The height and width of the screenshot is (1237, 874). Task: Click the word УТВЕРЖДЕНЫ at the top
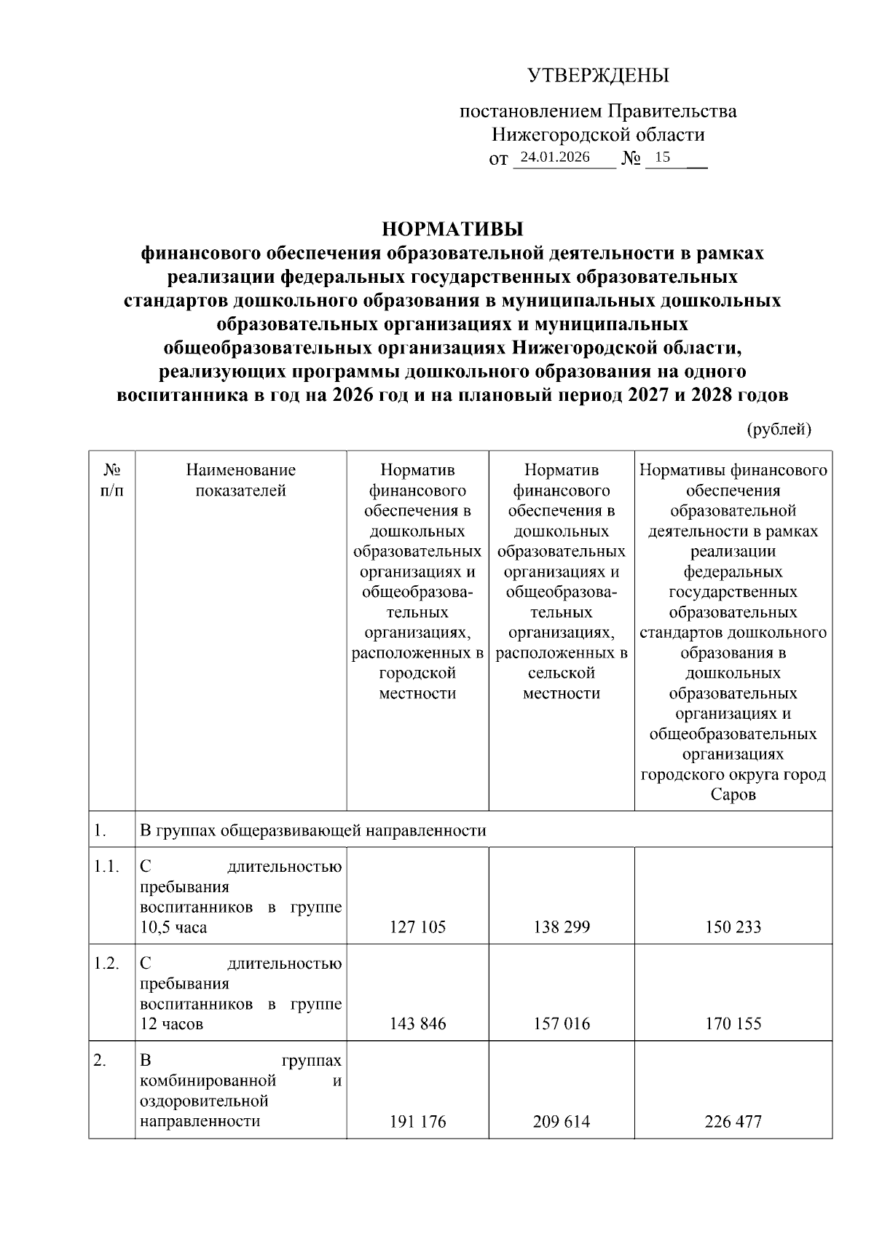pyautogui.click(x=597, y=75)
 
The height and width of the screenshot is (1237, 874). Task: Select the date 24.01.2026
pyautogui.click(x=555, y=157)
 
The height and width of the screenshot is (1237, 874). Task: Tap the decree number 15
pyautogui.click(x=663, y=157)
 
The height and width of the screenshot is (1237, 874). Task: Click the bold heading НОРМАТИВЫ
pyautogui.click(x=452, y=230)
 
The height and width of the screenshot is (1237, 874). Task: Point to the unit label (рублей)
pyautogui.click(x=779, y=429)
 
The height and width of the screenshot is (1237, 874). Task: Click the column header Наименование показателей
pyautogui.click(x=240, y=480)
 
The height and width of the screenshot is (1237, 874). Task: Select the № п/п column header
pyautogui.click(x=111, y=480)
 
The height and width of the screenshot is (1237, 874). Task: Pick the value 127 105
pyautogui.click(x=417, y=927)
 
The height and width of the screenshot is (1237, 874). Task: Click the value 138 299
pyautogui.click(x=562, y=927)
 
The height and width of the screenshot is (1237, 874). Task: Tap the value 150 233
pyautogui.click(x=733, y=927)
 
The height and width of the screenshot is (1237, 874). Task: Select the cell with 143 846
pyautogui.click(x=417, y=1023)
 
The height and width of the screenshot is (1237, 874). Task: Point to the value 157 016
pyautogui.click(x=562, y=1023)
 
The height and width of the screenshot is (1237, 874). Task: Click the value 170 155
pyautogui.click(x=733, y=1023)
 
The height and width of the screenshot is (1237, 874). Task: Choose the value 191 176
pyautogui.click(x=417, y=1121)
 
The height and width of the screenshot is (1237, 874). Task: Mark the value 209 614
pyautogui.click(x=562, y=1121)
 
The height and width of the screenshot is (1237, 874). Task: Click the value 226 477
pyautogui.click(x=733, y=1121)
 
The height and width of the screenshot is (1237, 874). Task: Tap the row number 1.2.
pyautogui.click(x=106, y=964)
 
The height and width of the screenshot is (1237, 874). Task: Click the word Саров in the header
pyautogui.click(x=733, y=795)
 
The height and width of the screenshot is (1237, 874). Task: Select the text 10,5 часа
pyautogui.click(x=173, y=928)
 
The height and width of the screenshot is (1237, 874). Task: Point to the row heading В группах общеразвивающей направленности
pyautogui.click(x=312, y=830)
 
